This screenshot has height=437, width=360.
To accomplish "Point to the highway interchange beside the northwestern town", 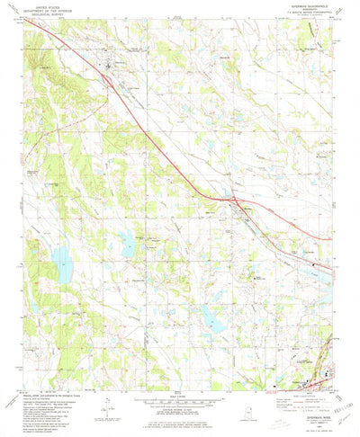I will pyautogui.click(x=109, y=80).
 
